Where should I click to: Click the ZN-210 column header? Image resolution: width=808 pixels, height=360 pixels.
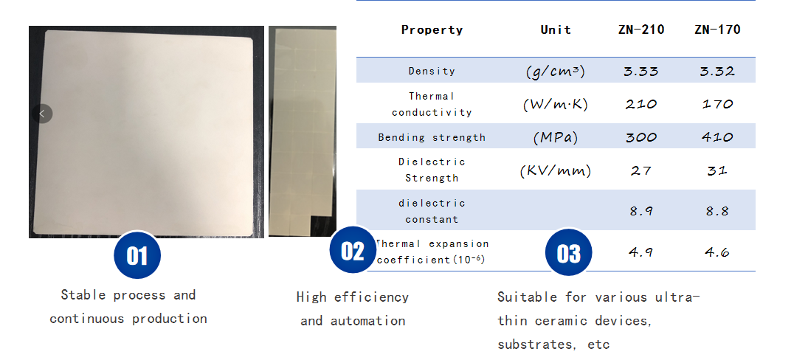641,30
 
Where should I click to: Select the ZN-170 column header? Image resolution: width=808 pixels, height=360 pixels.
717,30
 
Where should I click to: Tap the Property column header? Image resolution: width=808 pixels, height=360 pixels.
432,30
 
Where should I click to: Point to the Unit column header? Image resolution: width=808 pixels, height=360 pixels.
556,30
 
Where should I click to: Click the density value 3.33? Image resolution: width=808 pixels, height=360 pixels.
641,71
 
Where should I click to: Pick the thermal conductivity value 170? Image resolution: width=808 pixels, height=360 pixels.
717,104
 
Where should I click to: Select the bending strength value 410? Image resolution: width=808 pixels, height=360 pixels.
717,137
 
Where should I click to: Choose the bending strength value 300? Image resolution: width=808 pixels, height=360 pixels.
641,137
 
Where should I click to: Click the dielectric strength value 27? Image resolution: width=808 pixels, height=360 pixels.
641,170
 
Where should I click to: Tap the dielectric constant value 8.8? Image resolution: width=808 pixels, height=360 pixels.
717,211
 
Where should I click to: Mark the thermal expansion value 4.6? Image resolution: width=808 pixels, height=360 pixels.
717,252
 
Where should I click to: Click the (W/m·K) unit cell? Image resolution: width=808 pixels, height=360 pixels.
556,105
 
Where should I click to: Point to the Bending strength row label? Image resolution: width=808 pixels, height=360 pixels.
432,137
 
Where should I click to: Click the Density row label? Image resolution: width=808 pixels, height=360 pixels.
432,71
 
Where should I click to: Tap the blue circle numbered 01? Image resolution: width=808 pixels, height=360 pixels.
137,255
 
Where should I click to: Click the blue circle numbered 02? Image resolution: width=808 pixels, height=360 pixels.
353,250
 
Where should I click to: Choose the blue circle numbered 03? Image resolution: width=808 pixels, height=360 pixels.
569,252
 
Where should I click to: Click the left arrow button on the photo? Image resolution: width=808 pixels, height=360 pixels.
42,114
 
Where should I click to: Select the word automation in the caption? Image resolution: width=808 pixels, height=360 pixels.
368,321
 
